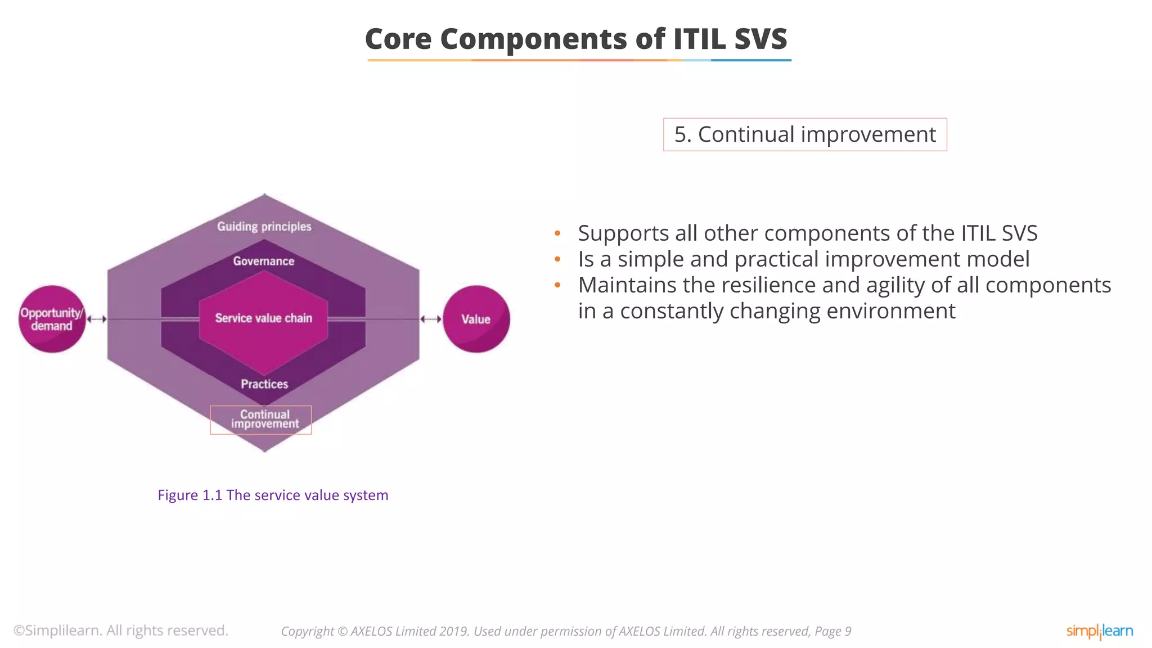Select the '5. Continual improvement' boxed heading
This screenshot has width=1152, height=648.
pos(805,134)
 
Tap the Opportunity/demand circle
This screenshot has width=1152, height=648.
pos(52,319)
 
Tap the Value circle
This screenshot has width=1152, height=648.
pos(476,319)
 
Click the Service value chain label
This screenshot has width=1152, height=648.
pos(263,318)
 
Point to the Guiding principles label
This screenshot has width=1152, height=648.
pos(264,227)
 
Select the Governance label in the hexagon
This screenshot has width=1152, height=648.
pos(264,261)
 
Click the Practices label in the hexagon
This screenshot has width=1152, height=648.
pos(264,384)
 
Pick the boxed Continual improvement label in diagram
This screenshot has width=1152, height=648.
pos(261,420)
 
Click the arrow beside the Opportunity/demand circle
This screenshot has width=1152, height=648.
pos(97,319)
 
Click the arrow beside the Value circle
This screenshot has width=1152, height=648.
pos(431,319)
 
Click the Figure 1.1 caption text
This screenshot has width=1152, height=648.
pos(273,495)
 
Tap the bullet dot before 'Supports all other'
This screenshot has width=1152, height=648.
pos(557,233)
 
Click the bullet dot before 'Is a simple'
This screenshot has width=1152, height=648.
pos(557,259)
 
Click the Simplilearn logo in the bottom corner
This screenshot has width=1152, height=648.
pos(1099,631)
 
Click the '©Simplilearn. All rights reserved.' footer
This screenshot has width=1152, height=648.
pos(121,631)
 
